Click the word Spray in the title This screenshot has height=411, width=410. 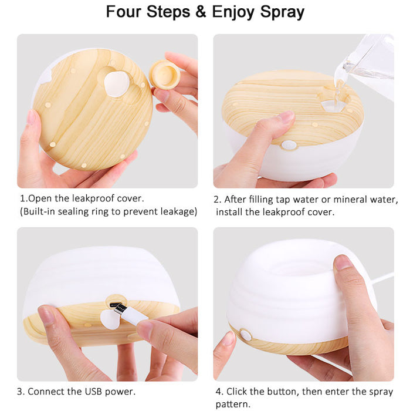(278, 12)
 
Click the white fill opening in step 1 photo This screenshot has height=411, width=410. (118, 83)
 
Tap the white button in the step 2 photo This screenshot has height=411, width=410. (288, 144)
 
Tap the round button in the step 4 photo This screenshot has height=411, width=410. (245, 336)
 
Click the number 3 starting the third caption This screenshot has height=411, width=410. (20, 391)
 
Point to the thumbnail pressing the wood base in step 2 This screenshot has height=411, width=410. (286, 116)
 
